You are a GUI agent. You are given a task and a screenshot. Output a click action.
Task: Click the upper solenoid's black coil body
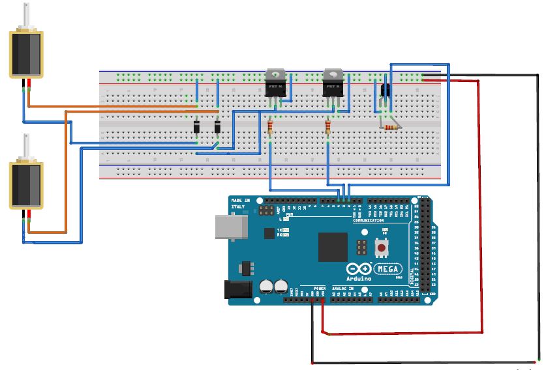pos(27,55)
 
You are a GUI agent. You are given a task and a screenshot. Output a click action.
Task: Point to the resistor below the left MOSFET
pos(270,126)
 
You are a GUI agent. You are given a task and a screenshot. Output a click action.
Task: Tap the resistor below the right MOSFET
pos(327,126)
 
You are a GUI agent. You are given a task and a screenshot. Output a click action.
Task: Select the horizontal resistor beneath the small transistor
pos(389,127)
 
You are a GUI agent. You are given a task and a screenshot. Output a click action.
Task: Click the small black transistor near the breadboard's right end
pos(385,91)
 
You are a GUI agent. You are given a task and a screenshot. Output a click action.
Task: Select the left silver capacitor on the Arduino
pos(267,286)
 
